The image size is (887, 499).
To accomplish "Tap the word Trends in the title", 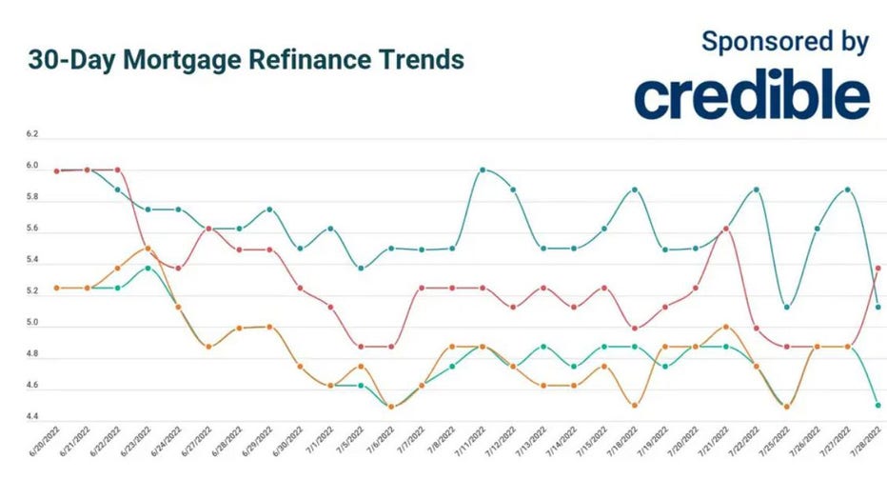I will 419,60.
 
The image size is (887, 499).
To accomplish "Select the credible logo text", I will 751,95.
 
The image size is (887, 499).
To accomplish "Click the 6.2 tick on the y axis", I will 32,135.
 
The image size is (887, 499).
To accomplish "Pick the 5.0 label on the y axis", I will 32,324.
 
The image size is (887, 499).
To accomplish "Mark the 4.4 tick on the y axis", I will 32,417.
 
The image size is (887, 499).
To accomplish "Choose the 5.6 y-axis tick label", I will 32,230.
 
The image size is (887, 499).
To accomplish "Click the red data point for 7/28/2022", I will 877,269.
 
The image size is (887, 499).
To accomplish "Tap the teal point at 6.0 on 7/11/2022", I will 483,170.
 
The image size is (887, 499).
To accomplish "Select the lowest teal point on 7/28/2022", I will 877,406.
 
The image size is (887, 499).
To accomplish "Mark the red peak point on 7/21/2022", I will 726,228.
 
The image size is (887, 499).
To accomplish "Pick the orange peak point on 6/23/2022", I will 148,248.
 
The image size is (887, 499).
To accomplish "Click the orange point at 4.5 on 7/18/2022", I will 635,406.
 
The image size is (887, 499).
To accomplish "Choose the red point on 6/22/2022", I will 117,170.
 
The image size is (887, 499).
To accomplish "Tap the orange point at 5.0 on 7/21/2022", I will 726,327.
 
